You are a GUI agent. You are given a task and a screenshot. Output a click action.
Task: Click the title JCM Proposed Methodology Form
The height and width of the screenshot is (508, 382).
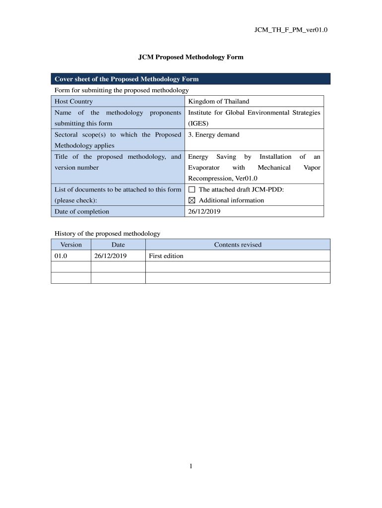191,57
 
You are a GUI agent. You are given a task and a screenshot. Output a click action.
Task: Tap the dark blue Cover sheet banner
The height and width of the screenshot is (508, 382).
191,79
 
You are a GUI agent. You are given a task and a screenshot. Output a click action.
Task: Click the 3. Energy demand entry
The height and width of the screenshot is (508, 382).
214,134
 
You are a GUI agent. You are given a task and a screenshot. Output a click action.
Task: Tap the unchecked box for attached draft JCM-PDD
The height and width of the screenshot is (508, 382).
192,190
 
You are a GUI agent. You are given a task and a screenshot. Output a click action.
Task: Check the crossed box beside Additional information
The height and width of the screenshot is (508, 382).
192,200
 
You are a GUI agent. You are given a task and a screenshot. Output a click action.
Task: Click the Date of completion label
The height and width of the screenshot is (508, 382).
82,211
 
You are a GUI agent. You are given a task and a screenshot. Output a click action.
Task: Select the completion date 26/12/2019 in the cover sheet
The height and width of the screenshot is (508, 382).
204,211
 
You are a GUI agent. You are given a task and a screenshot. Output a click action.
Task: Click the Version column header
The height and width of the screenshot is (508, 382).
71,245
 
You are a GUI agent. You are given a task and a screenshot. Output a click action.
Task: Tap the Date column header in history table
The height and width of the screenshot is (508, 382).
118,245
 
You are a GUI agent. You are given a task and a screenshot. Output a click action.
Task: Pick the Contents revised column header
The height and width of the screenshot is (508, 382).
238,245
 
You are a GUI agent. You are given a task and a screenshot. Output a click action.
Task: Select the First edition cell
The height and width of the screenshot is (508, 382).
166,256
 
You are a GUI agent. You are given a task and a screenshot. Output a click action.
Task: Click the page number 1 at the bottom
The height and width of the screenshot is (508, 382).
191,466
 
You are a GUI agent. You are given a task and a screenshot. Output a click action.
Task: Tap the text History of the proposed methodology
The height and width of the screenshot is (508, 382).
107,233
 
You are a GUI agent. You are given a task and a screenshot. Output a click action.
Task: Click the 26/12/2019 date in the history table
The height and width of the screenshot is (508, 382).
111,256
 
